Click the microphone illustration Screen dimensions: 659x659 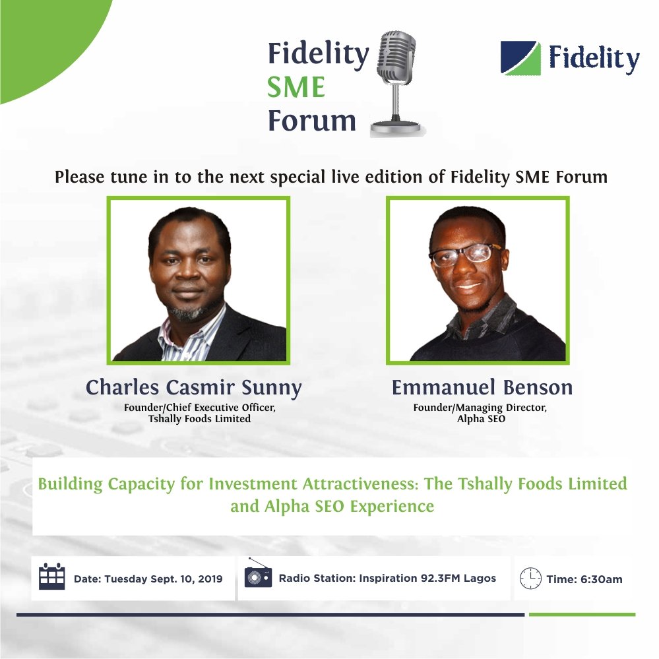(x=396, y=79)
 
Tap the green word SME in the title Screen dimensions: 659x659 (x=296, y=86)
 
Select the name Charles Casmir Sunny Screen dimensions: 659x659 (x=193, y=387)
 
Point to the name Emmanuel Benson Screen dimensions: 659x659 (x=482, y=387)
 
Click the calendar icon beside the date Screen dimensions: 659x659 (x=52, y=577)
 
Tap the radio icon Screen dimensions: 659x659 (x=258, y=576)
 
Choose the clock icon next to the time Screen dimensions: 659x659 (x=530, y=578)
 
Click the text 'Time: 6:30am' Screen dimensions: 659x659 (x=584, y=580)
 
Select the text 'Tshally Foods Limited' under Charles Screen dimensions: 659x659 (x=200, y=419)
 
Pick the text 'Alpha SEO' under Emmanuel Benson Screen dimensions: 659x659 (x=480, y=419)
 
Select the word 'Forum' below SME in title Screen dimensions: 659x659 (x=312, y=121)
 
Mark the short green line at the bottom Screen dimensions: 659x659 (x=582, y=614)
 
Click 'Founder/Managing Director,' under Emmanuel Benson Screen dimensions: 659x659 (x=480, y=408)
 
